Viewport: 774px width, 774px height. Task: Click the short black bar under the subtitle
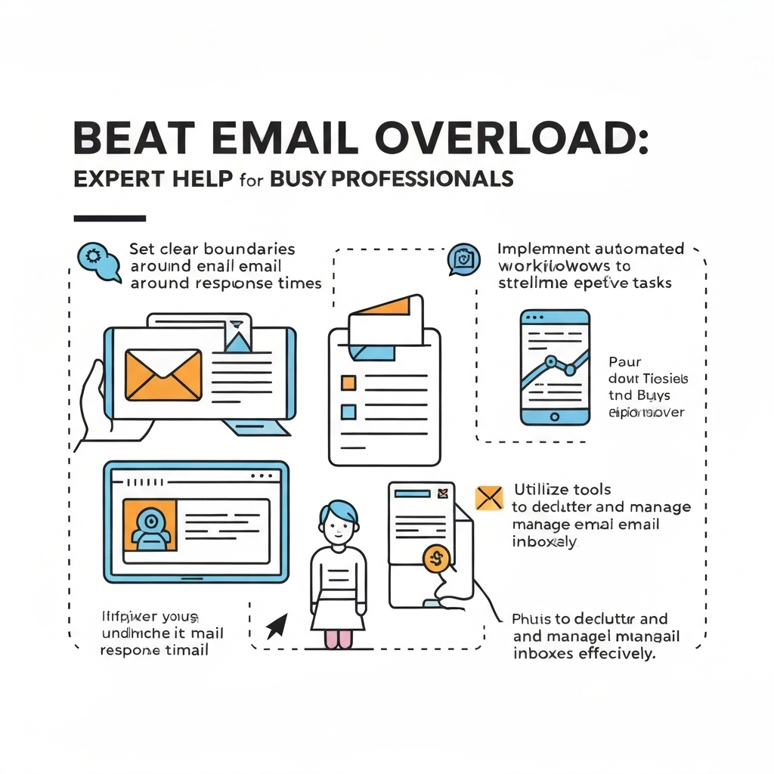tap(110, 218)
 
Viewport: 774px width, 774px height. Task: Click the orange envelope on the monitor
tap(163, 374)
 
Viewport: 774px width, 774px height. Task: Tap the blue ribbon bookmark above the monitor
tap(237, 337)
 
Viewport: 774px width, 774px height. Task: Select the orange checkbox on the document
tap(348, 382)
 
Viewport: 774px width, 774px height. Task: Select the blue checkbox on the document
tap(348, 411)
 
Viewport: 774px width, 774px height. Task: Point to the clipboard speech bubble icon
tap(463, 259)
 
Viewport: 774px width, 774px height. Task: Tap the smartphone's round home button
tap(555, 416)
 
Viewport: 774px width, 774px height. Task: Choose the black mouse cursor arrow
tap(277, 624)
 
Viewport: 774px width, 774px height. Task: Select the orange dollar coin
tap(436, 559)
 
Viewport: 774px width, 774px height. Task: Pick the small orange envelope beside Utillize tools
tap(489, 497)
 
